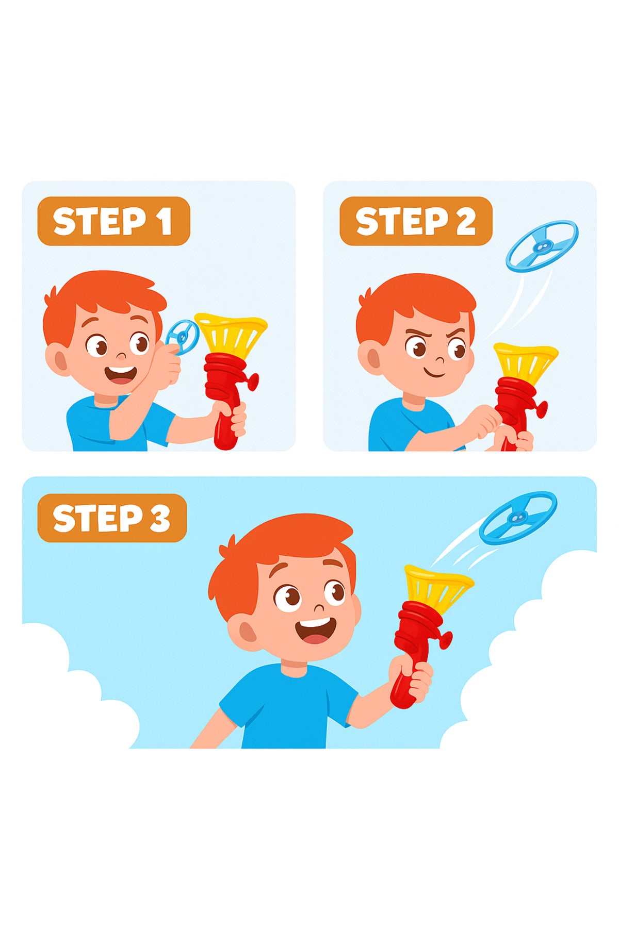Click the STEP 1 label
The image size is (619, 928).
coord(113,221)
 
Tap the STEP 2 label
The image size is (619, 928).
coord(416,221)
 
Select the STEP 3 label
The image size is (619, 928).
coord(112,518)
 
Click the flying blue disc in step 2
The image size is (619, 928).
coord(542,245)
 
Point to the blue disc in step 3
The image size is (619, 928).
coord(518,518)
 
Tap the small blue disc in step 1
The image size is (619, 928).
coord(183,336)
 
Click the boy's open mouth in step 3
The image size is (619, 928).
coord(315,631)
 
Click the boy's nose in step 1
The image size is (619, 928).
coord(121,356)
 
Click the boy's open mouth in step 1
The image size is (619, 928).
coord(121,375)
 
